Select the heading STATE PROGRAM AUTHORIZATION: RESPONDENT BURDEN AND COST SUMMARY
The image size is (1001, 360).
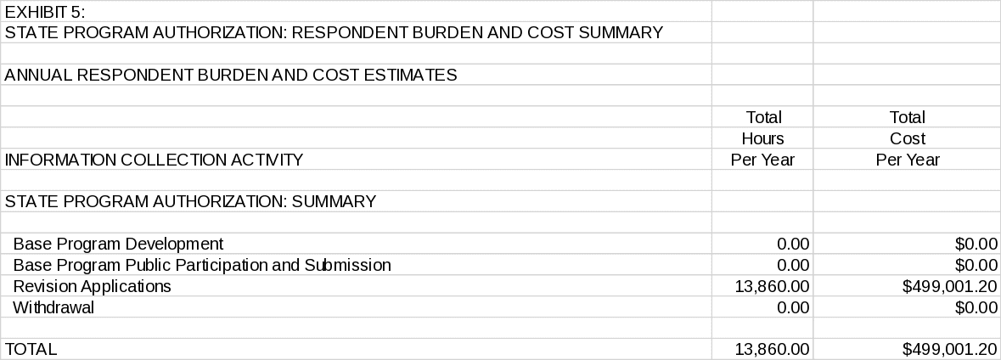coord(333,33)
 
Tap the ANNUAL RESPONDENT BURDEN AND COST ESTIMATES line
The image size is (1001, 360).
coord(230,75)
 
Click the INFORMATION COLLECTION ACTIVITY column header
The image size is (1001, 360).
coord(154,160)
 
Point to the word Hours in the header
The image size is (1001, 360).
coord(762,138)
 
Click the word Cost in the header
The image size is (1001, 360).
coord(907,138)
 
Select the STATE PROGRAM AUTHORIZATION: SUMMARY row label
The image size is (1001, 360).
coord(190,201)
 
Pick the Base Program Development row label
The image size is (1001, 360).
coord(118,244)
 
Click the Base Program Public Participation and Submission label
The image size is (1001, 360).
coord(202,265)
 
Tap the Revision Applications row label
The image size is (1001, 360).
coord(92,286)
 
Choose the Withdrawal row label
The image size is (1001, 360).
coord(53,307)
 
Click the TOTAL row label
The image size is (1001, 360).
coord(31,349)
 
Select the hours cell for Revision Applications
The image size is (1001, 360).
coord(772,286)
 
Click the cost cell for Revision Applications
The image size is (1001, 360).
coord(949,286)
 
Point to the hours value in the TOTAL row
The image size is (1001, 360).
coord(772,349)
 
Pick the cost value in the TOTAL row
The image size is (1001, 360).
coord(949,349)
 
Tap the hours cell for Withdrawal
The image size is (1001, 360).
coord(793,307)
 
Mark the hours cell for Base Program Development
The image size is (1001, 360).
coord(793,244)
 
